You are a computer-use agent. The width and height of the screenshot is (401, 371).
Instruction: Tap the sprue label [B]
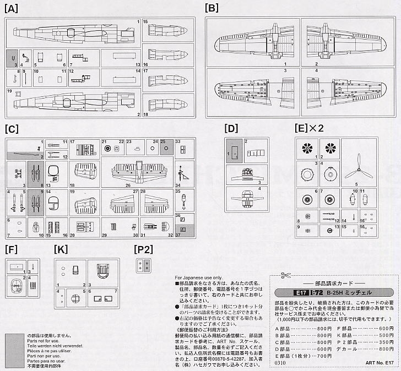(x=212, y=8)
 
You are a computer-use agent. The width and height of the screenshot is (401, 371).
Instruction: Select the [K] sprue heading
(x=61, y=249)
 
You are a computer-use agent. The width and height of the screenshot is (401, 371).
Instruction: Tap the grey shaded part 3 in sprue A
(x=12, y=59)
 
